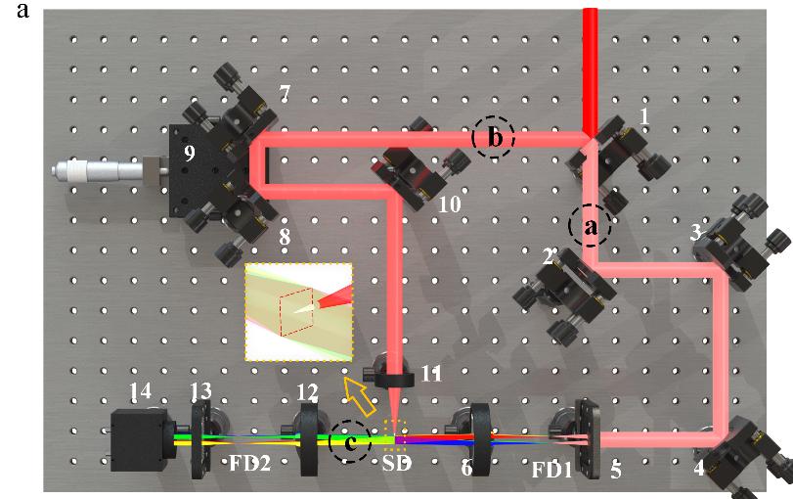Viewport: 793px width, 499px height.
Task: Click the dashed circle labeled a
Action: pos(590,226)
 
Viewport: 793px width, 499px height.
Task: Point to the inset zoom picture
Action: pos(297,311)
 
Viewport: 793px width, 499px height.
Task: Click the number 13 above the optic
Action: pos(200,391)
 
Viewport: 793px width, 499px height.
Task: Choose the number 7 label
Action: pos(285,95)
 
